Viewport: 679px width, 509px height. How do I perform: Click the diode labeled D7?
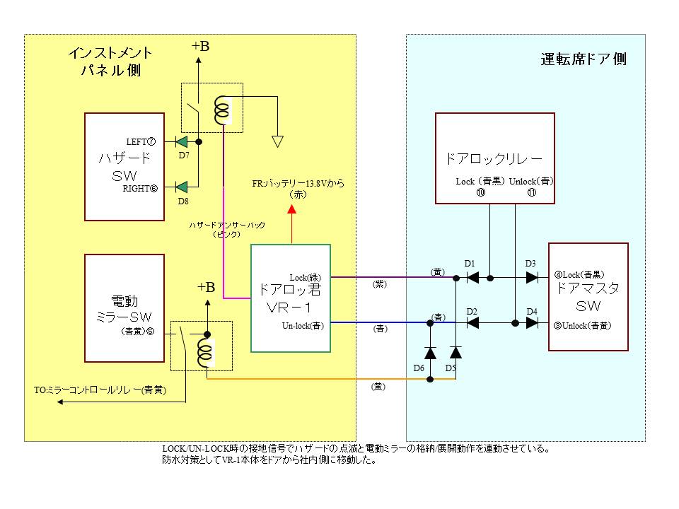(x=182, y=142)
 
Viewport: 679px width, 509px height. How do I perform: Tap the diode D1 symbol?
(x=474, y=277)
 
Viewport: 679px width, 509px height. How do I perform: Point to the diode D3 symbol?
(x=531, y=277)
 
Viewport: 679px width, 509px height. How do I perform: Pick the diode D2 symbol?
(x=474, y=323)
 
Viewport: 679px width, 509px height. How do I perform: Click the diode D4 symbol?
(x=531, y=323)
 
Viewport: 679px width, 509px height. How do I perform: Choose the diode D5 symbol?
(x=456, y=352)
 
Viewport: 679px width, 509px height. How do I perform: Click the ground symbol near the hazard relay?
(x=278, y=141)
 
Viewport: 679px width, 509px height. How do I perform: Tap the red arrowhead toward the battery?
(x=291, y=209)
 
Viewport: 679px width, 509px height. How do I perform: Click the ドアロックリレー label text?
(x=494, y=158)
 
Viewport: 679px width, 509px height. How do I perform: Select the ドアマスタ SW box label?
(x=588, y=297)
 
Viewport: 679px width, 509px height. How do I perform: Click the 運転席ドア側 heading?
(x=584, y=59)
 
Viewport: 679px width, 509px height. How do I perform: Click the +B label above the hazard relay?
(x=200, y=47)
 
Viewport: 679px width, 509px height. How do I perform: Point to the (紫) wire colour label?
(x=380, y=284)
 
